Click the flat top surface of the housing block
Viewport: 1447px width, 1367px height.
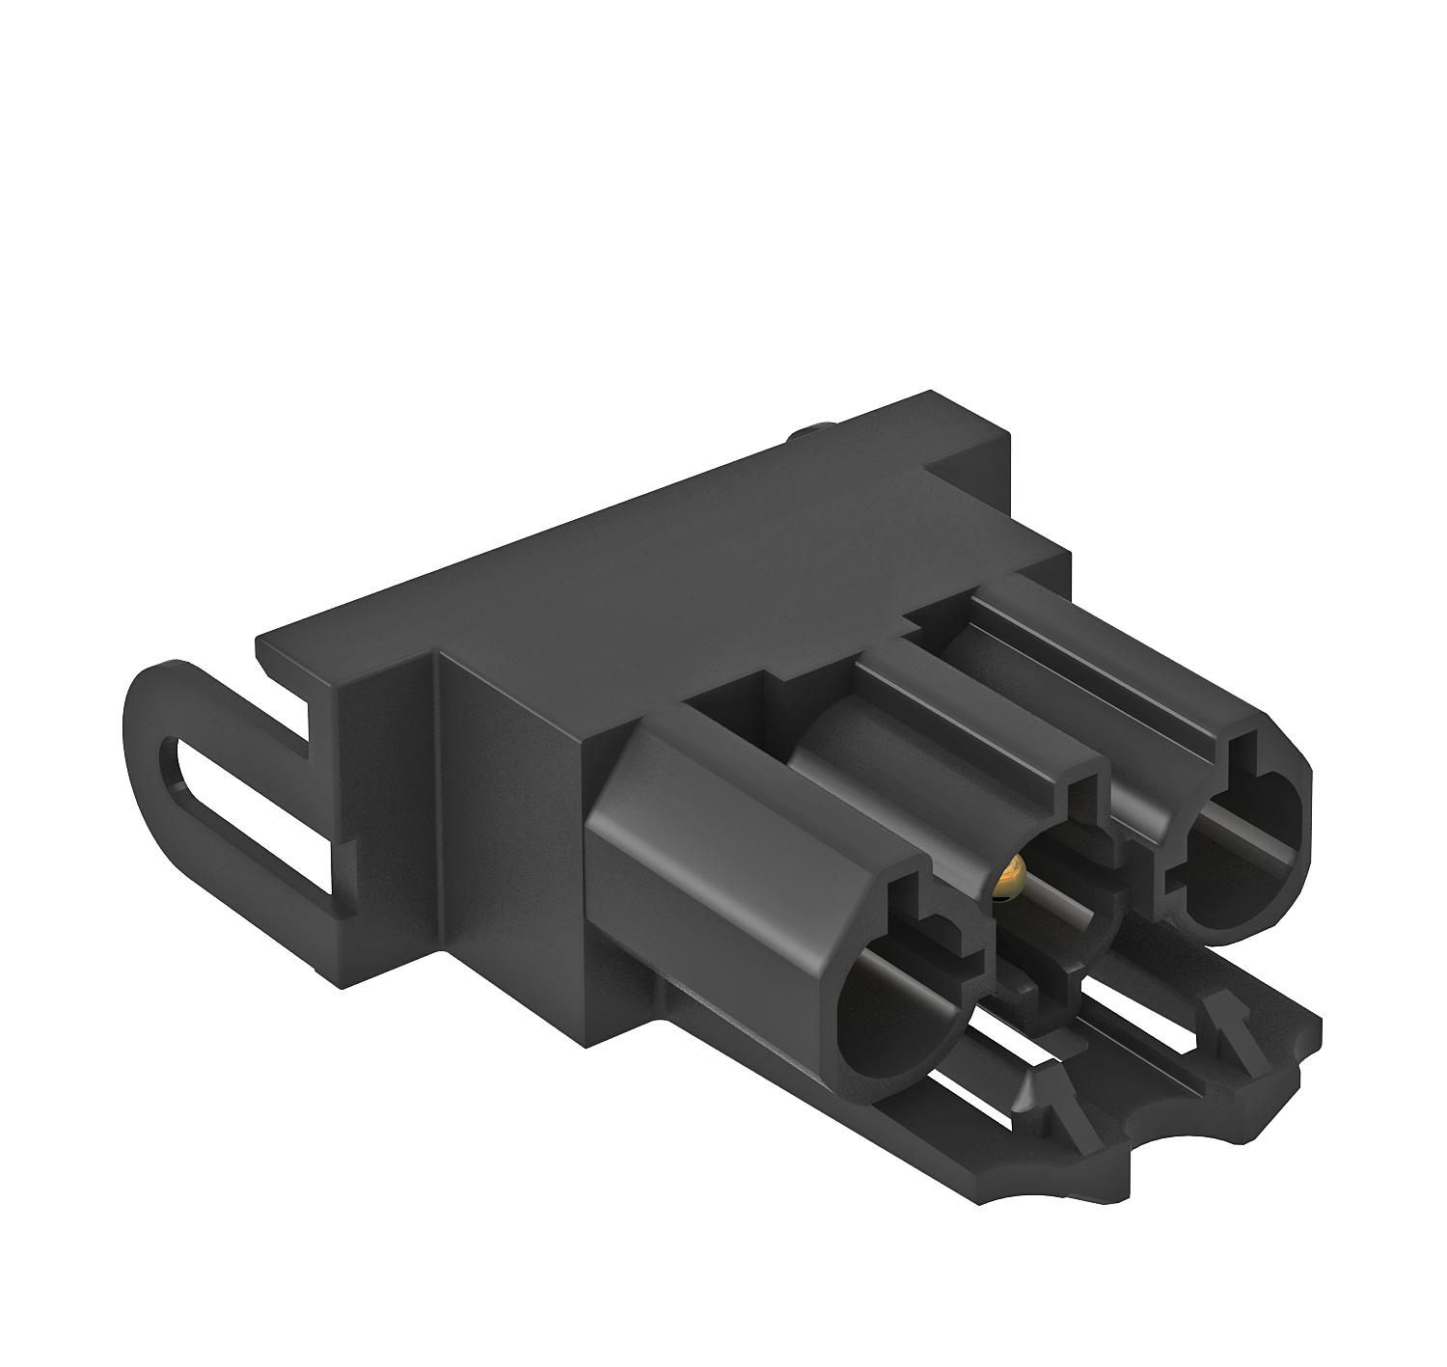coord(675,560)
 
